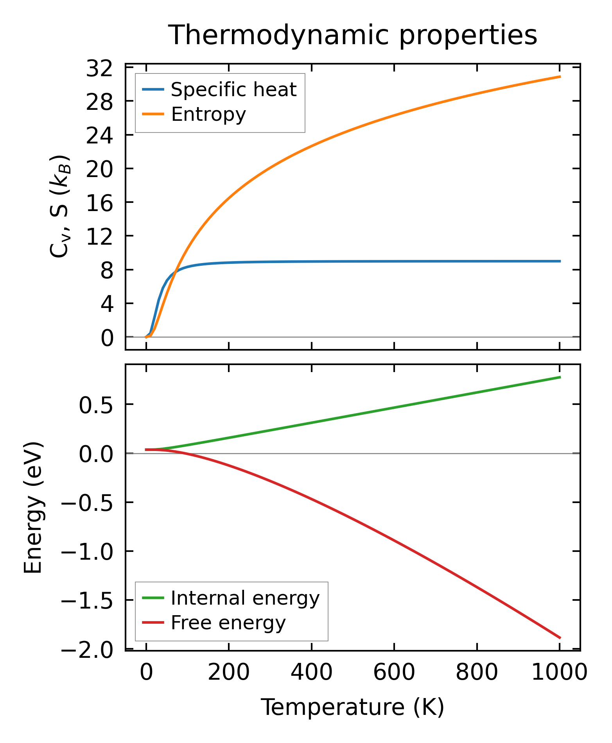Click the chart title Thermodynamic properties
(352, 36)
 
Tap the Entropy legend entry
(208, 115)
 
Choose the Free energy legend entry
(228, 623)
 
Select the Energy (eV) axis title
(33, 508)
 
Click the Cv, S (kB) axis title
(59, 206)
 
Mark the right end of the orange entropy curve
(560, 77)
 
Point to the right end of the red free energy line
(560, 638)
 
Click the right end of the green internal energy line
(560, 377)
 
